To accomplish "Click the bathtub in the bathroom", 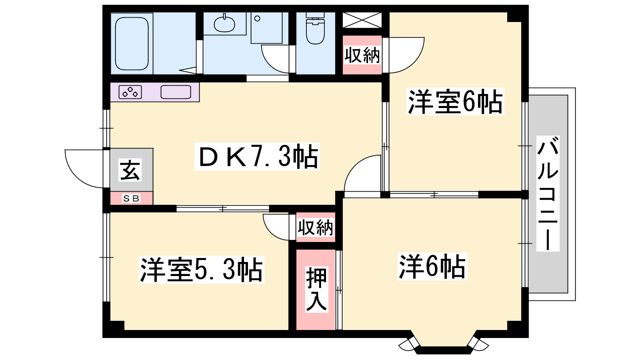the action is pyautogui.click(x=132, y=44).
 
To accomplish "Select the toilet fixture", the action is pyautogui.click(x=315, y=28).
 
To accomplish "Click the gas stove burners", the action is pyautogui.click(x=130, y=92).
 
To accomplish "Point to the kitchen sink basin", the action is pyautogui.click(x=176, y=92).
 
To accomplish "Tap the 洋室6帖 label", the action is pyautogui.click(x=456, y=102).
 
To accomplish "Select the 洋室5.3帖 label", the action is pyautogui.click(x=201, y=270).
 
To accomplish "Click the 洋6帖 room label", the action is pyautogui.click(x=432, y=266).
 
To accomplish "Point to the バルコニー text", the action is pyautogui.click(x=548, y=194).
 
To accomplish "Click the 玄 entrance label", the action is pyautogui.click(x=130, y=170).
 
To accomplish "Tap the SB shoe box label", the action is pyautogui.click(x=131, y=198).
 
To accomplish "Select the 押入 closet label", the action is pyautogui.click(x=316, y=289).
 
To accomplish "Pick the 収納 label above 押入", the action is pyautogui.click(x=316, y=228).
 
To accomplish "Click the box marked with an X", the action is pyautogui.click(x=362, y=20).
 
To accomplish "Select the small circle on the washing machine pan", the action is pyautogui.click(x=257, y=18).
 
